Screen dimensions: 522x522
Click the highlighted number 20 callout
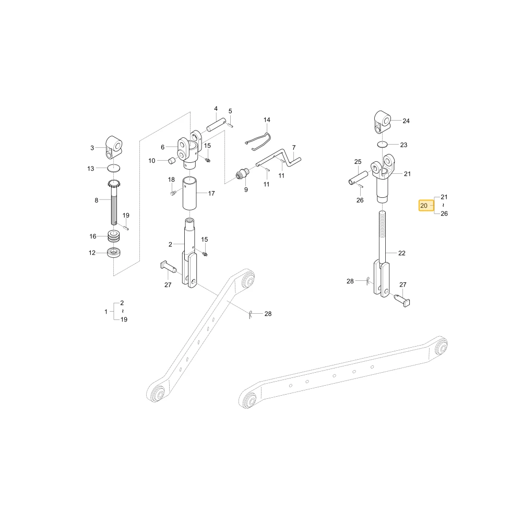426,205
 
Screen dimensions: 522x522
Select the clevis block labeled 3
113,147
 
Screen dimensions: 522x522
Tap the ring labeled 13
114,168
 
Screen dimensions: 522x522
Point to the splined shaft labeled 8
114,202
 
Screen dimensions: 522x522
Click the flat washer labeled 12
114,252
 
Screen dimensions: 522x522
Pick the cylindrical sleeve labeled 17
189,194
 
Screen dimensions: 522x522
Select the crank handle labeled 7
279,159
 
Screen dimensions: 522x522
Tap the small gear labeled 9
243,174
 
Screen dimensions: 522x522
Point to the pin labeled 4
216,124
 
